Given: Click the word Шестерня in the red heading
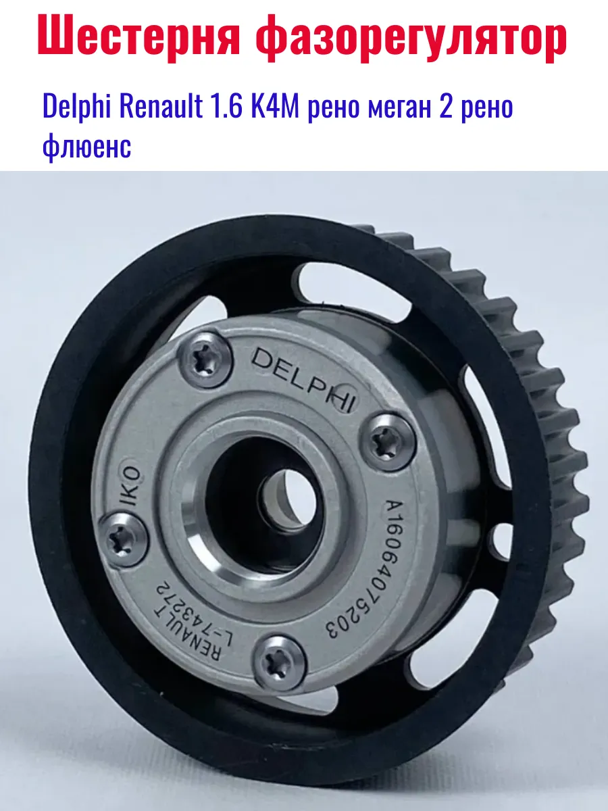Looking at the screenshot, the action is click(138, 38).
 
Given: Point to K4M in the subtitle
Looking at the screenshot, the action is click(276, 105).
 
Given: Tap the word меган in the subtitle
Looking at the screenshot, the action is click(399, 109).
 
